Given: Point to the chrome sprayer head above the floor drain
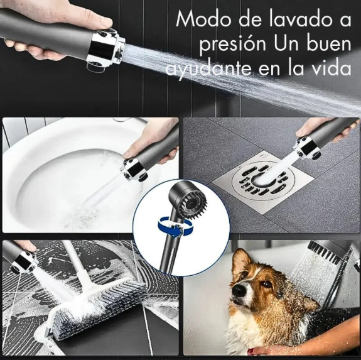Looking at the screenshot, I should coord(307,148).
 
